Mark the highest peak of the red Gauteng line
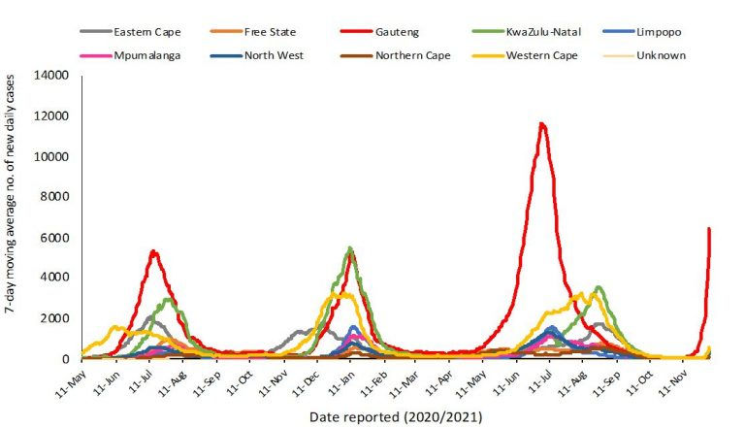542,123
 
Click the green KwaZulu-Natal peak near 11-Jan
349,248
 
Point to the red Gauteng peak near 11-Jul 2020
153,251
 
